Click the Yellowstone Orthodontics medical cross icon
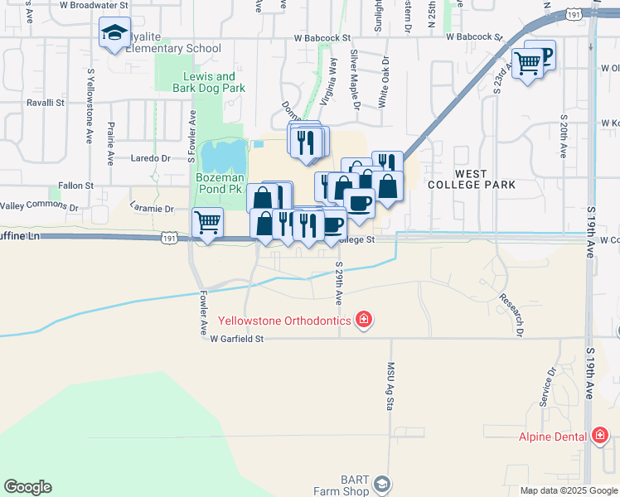coord(362,320)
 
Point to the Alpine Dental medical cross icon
coord(600,436)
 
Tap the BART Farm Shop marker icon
coord(381,484)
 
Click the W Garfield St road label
coord(236,339)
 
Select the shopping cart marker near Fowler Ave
coord(207,222)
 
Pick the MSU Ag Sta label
coord(391,384)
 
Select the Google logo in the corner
coord(27,487)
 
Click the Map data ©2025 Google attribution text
coord(569,490)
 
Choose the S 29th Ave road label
coord(339,282)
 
